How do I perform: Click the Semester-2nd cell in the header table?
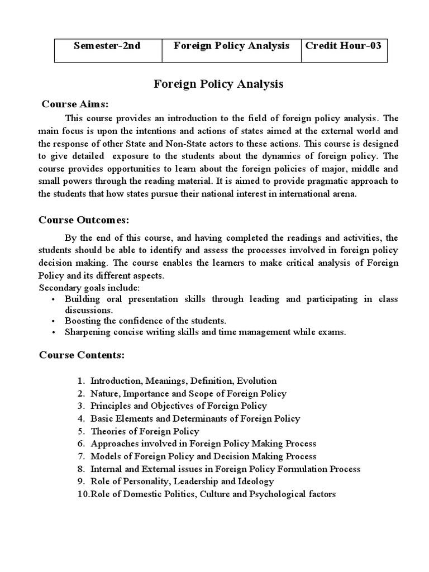click(x=107, y=46)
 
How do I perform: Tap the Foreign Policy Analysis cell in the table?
click(x=231, y=46)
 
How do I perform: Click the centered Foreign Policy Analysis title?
click(x=218, y=84)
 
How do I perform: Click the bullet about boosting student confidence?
click(x=145, y=321)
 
